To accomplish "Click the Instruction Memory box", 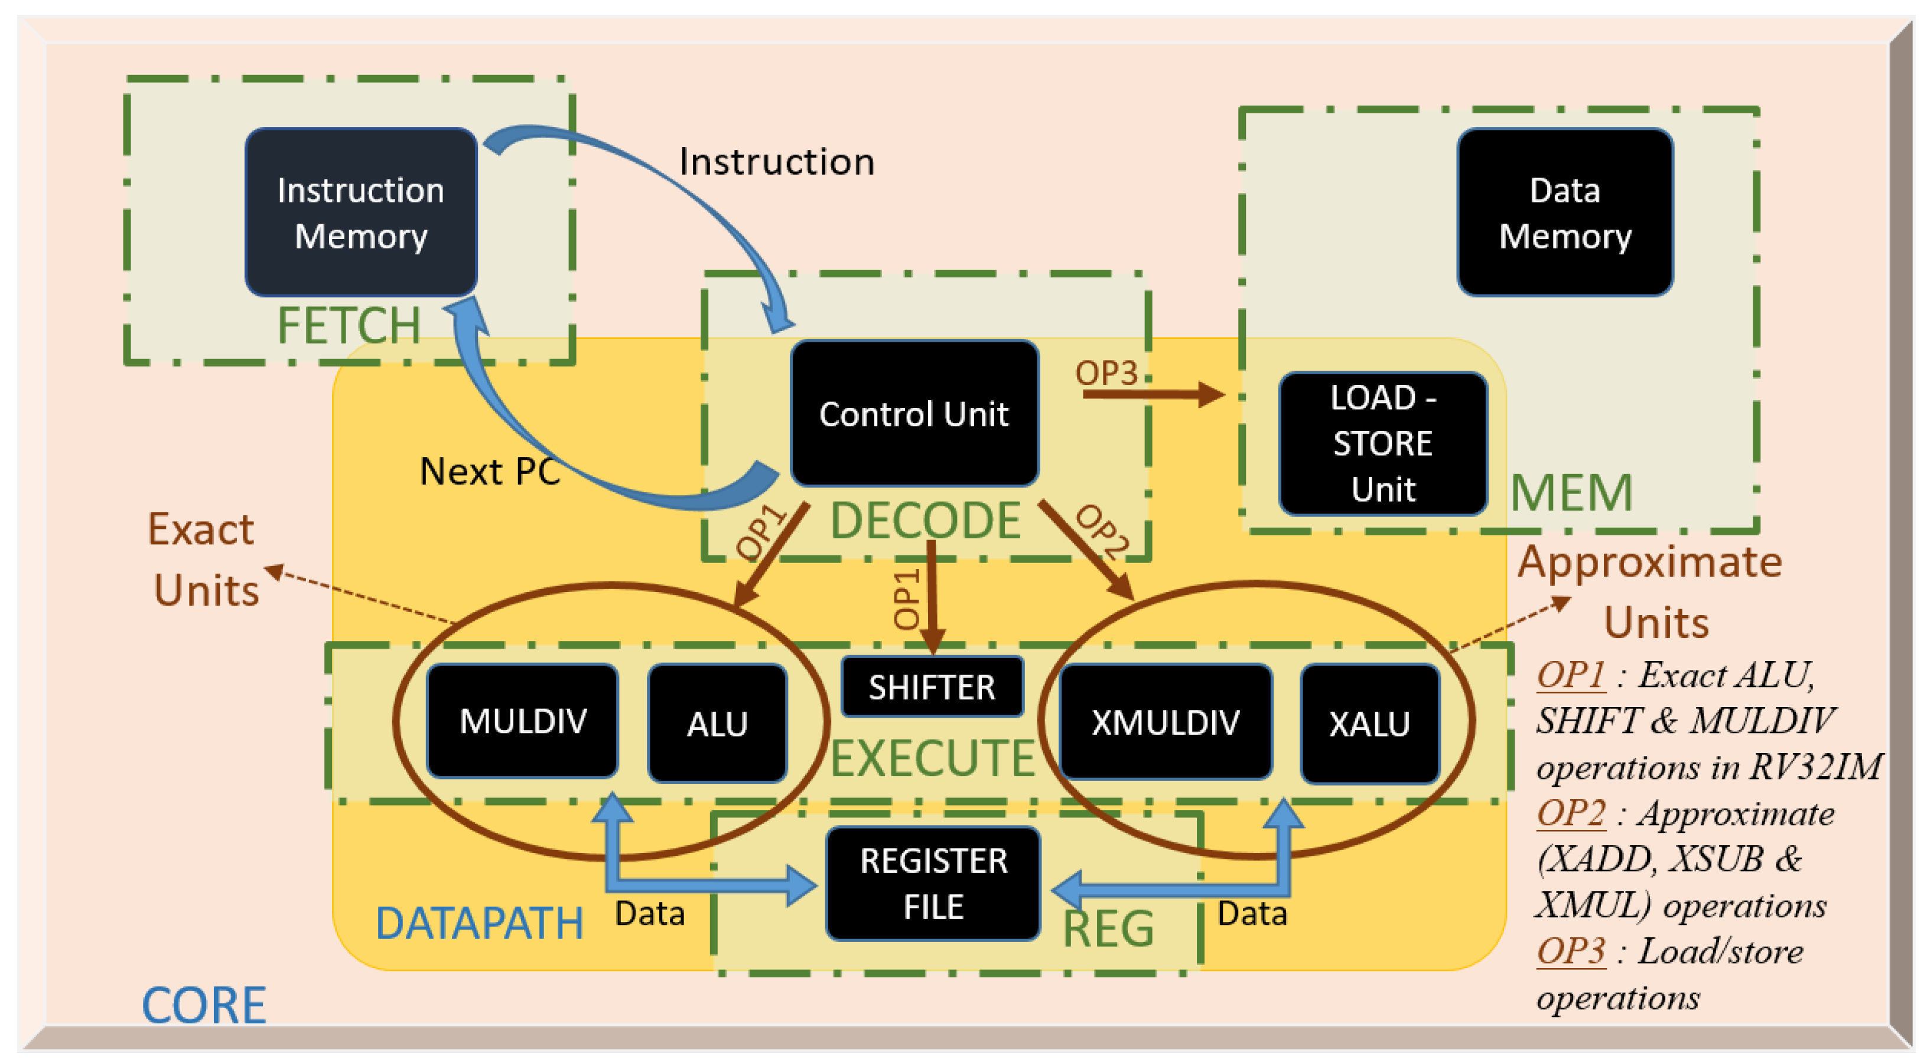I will (360, 212).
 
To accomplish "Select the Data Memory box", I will (1564, 212).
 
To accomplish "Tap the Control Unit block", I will (913, 413).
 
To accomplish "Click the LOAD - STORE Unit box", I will (1382, 443).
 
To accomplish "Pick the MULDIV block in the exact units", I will (522, 721).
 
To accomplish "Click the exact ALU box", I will (717, 724).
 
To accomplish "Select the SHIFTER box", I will (932, 687).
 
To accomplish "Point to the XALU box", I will (1369, 724).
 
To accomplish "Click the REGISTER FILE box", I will (933, 884).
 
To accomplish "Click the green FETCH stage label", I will (349, 326).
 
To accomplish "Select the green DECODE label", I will (925, 521).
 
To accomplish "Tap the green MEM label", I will (1571, 493).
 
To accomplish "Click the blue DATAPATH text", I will (479, 923).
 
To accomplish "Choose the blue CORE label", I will (203, 1005).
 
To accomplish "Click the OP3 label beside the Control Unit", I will (1106, 372).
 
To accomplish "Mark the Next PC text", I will (489, 472).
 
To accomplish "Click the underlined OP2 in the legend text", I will (1570, 813).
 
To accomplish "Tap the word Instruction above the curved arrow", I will (776, 162).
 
